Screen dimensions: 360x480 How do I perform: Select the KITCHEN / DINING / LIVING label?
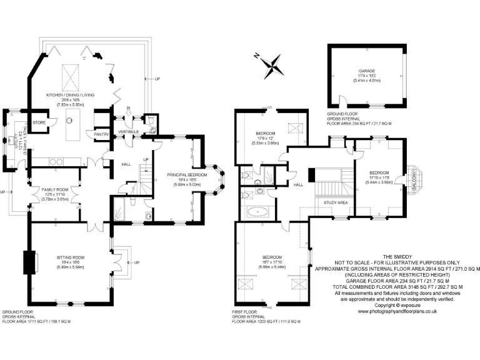click(70, 94)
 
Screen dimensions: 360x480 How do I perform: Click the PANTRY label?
click(101, 134)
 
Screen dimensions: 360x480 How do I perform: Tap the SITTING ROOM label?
click(69, 257)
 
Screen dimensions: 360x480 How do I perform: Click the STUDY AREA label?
click(336, 202)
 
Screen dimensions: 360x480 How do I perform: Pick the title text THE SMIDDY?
click(397, 256)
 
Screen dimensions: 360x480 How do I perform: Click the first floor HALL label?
click(299, 184)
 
